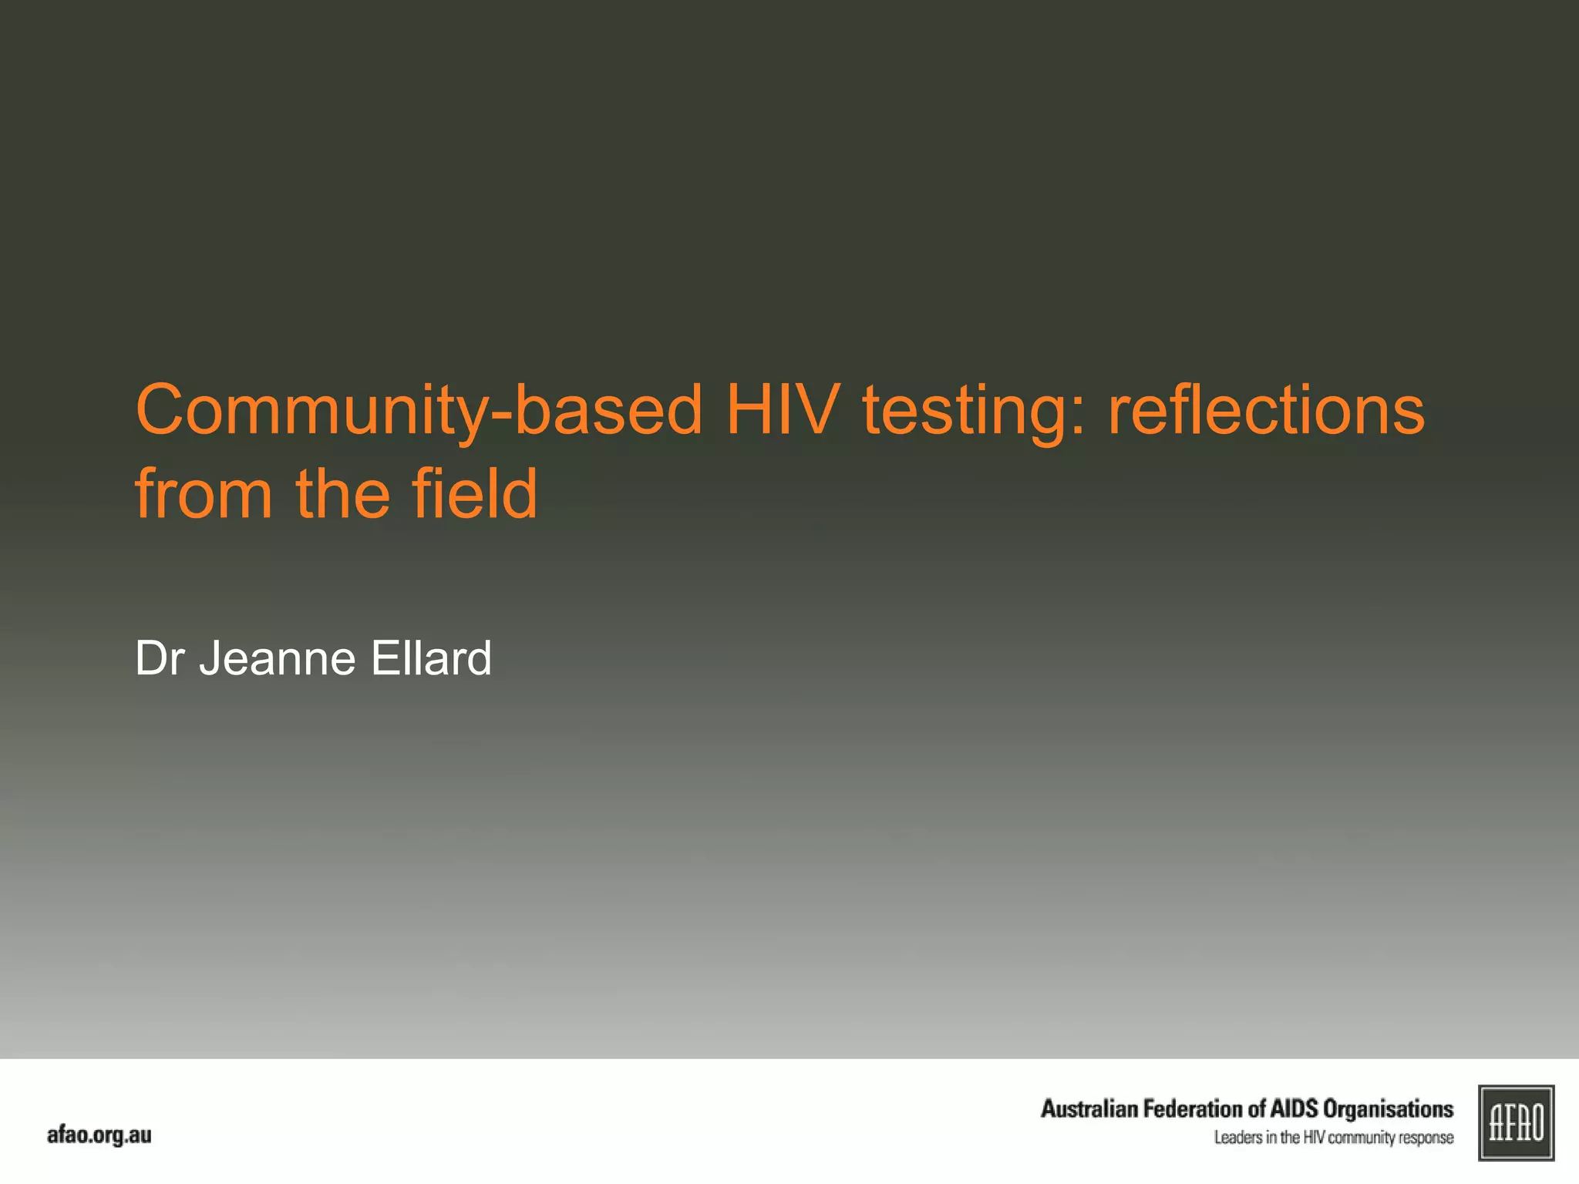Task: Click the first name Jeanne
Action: coord(278,658)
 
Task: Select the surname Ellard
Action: coord(431,658)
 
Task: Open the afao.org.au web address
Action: coord(99,1135)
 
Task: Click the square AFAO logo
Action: coord(1516,1122)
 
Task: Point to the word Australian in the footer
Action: coord(1089,1108)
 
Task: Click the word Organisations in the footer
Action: coord(1388,1108)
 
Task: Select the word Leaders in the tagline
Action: coord(1237,1138)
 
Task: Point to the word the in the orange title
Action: coord(342,494)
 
